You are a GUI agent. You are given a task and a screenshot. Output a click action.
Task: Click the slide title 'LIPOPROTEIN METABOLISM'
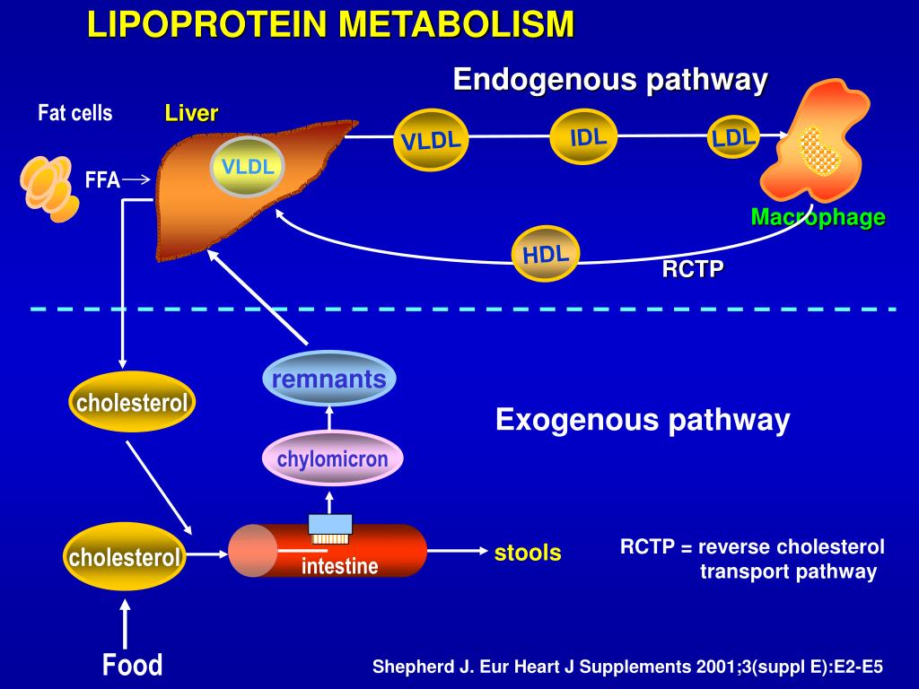tap(330, 25)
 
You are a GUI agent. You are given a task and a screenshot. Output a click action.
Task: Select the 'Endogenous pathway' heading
tap(610, 80)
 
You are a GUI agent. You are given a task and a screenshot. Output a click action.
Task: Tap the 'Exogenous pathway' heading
tap(643, 420)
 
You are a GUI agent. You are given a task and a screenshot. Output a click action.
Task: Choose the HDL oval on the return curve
tap(546, 253)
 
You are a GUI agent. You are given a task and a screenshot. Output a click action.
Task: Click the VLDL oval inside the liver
tap(247, 167)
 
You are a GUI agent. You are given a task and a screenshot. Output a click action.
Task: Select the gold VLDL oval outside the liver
tap(430, 141)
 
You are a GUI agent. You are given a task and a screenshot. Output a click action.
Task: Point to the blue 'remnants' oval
tap(328, 379)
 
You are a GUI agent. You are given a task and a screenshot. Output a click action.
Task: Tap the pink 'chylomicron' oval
tap(332, 459)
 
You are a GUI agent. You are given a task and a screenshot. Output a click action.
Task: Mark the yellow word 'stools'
tap(528, 553)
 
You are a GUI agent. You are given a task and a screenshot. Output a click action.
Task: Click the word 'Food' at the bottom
tap(132, 665)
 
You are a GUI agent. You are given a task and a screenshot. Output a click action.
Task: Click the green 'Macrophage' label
tap(818, 217)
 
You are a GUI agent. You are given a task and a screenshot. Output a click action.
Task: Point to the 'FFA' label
tap(102, 180)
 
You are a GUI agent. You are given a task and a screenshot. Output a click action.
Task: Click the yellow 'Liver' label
tap(191, 114)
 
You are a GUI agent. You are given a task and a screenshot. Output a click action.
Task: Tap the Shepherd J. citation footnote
tap(628, 667)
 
